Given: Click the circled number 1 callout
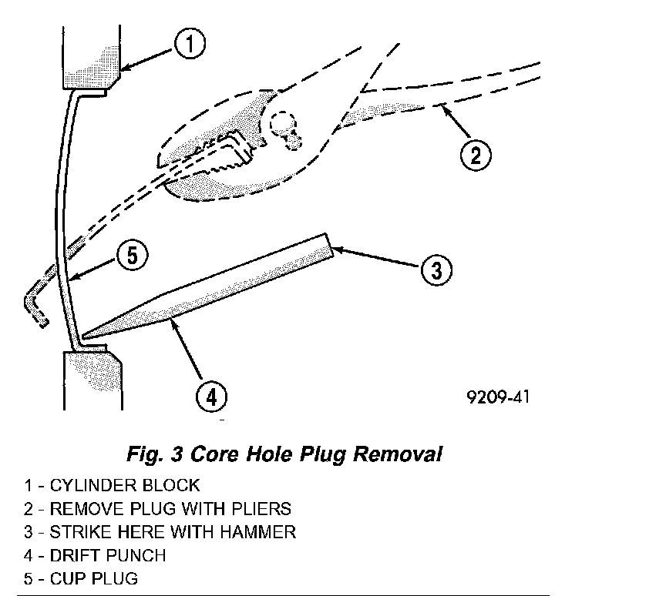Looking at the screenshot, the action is (x=190, y=44).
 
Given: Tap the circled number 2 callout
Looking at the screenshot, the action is (x=476, y=155).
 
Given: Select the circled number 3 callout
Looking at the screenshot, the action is (x=436, y=270).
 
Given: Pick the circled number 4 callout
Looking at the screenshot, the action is (x=211, y=397).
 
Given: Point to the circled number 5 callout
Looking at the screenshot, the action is (x=133, y=256).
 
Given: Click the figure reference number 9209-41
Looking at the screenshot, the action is (x=498, y=397).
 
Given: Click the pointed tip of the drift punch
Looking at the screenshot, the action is (x=84, y=337).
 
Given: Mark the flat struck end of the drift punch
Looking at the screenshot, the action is (x=329, y=245).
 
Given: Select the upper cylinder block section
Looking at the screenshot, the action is (x=91, y=59).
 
